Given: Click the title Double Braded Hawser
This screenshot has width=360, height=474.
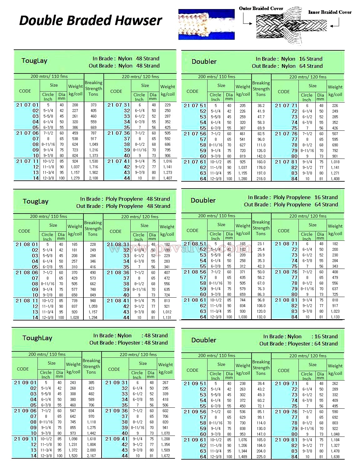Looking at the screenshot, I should [90, 21].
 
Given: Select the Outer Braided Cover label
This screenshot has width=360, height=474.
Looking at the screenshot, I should [261, 8].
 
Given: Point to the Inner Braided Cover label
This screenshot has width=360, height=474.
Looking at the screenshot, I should [330, 12].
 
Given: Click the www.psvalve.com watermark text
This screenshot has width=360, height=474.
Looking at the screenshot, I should [181, 249].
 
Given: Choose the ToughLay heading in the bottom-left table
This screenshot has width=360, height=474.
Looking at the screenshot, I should [37, 338].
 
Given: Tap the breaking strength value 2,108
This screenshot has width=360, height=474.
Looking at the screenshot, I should [93, 178].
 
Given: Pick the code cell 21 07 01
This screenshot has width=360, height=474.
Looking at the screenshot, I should [27, 105].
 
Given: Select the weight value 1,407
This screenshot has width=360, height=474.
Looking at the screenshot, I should [167, 178].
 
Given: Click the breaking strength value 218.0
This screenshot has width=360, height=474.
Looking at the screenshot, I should [261, 179].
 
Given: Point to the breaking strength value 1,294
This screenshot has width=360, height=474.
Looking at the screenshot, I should [93, 318].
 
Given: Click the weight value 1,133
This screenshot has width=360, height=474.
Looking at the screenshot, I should [335, 317].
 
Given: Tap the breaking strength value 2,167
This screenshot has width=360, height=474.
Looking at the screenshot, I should [91, 456].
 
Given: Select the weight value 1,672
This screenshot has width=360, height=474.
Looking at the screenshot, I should [165, 456].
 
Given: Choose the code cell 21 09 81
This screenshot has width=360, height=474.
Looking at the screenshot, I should [286, 440].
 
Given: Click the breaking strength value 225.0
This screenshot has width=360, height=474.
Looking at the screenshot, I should [261, 457].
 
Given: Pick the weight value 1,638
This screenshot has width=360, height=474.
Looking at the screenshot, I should [335, 457].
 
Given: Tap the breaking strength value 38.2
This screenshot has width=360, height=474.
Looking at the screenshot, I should [261, 106].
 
